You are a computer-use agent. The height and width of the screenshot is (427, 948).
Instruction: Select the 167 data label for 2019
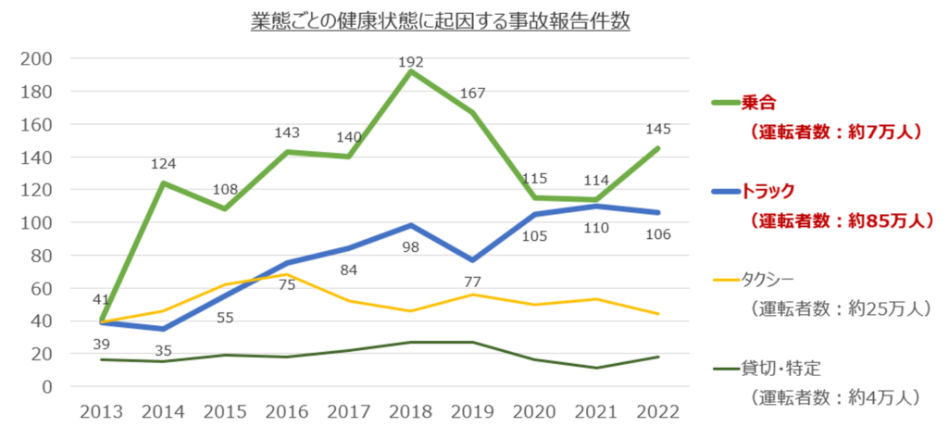click(x=472, y=93)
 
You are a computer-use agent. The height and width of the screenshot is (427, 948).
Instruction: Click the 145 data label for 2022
click(x=658, y=129)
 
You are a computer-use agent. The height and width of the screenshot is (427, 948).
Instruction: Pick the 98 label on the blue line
click(x=411, y=248)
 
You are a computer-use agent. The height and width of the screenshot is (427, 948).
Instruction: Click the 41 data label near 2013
click(x=100, y=300)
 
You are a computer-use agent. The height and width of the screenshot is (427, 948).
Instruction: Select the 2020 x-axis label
click(x=534, y=410)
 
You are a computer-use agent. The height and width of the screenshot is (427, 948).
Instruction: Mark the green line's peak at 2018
click(x=410, y=71)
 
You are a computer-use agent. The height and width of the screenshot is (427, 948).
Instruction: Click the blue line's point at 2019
click(x=472, y=260)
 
